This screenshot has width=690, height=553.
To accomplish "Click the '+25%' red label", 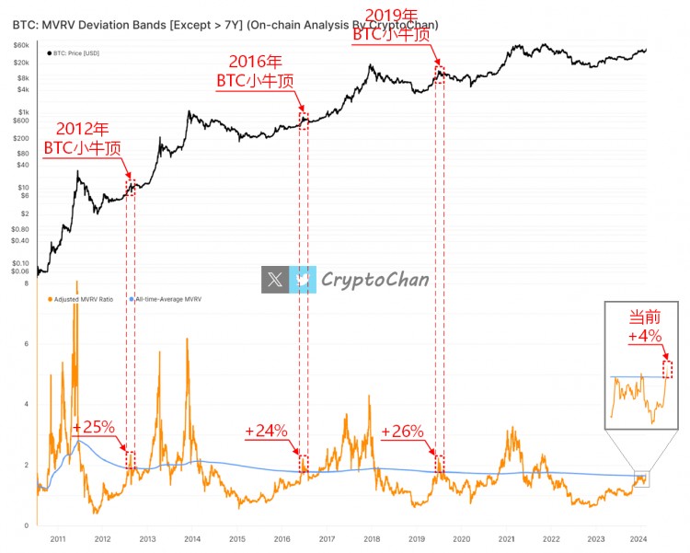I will pyautogui.click(x=93, y=428).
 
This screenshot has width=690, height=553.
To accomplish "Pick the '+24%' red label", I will pyautogui.click(x=267, y=431).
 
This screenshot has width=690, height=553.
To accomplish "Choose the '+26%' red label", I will pyautogui.click(x=402, y=431).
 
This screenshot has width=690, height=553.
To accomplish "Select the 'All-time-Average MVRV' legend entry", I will pyautogui.click(x=168, y=299).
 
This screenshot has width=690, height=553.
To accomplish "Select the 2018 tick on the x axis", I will pyautogui.click(x=372, y=539).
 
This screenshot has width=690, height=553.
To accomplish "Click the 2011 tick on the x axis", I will pyautogui.click(x=57, y=539).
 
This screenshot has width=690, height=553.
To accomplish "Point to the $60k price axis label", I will pyautogui.click(x=20, y=45).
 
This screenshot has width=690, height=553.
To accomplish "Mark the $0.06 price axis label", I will pyautogui.click(x=19, y=272).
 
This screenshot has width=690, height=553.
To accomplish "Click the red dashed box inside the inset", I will pyautogui.click(x=668, y=369).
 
